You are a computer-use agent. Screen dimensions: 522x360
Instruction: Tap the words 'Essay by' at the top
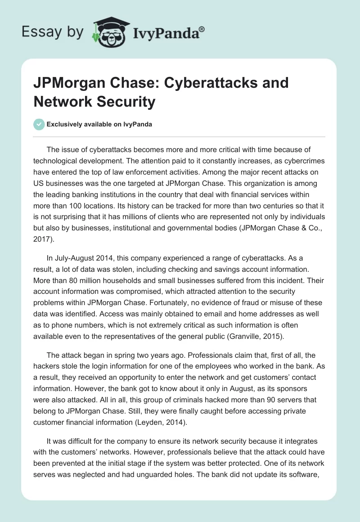(53, 31)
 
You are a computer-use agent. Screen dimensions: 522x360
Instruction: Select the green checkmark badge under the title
(40, 124)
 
